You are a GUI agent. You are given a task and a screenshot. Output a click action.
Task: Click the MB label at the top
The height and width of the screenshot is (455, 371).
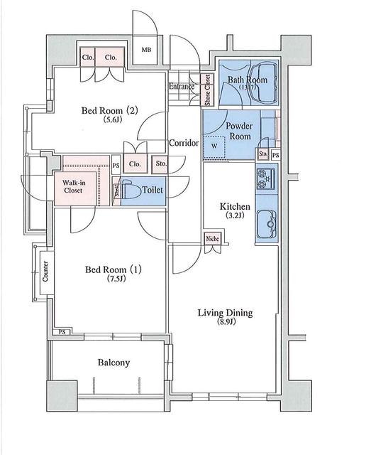(x=147, y=50)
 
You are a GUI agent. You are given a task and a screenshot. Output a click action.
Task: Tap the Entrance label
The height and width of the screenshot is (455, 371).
(x=182, y=87)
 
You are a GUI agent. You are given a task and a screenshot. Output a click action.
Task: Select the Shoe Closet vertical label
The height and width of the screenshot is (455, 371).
(x=207, y=89)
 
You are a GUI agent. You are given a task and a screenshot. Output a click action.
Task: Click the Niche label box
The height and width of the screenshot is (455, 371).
(x=212, y=240)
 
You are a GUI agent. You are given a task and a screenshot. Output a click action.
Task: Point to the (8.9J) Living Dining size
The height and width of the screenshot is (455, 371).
(x=225, y=324)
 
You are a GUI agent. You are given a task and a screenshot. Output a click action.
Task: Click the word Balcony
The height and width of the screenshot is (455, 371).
(x=113, y=363)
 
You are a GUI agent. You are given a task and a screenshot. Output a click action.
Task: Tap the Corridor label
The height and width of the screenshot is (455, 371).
(x=184, y=143)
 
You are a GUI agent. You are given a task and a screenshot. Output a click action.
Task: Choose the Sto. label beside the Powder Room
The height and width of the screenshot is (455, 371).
(x=263, y=154)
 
